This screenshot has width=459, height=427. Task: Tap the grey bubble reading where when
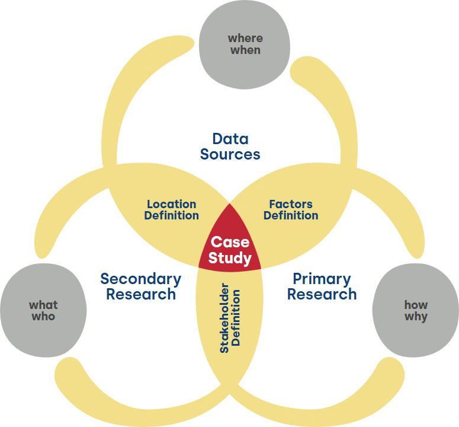tap(245, 44)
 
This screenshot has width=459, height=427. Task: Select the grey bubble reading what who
tap(43, 310)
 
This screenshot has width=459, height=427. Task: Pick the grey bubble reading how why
tap(416, 310)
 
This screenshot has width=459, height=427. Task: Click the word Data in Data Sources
tap(230, 139)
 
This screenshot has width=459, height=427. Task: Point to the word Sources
tap(230, 155)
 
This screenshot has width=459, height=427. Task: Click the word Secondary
tap(141, 279)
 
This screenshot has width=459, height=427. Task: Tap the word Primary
tap(322, 279)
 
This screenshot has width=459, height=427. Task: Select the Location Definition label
tap(172, 210)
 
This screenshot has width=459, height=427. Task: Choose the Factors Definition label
tap(291, 210)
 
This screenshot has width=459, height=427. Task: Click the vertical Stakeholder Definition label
tap(230, 321)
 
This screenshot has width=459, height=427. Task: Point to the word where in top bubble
tap(245, 39)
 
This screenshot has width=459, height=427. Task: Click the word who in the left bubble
tap(43, 317)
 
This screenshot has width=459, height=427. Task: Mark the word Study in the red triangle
tap(231, 259)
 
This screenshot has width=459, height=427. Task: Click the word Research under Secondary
tap(141, 294)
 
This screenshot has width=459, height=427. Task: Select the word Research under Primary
tap(322, 294)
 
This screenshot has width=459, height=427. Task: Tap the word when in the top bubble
tap(245, 50)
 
